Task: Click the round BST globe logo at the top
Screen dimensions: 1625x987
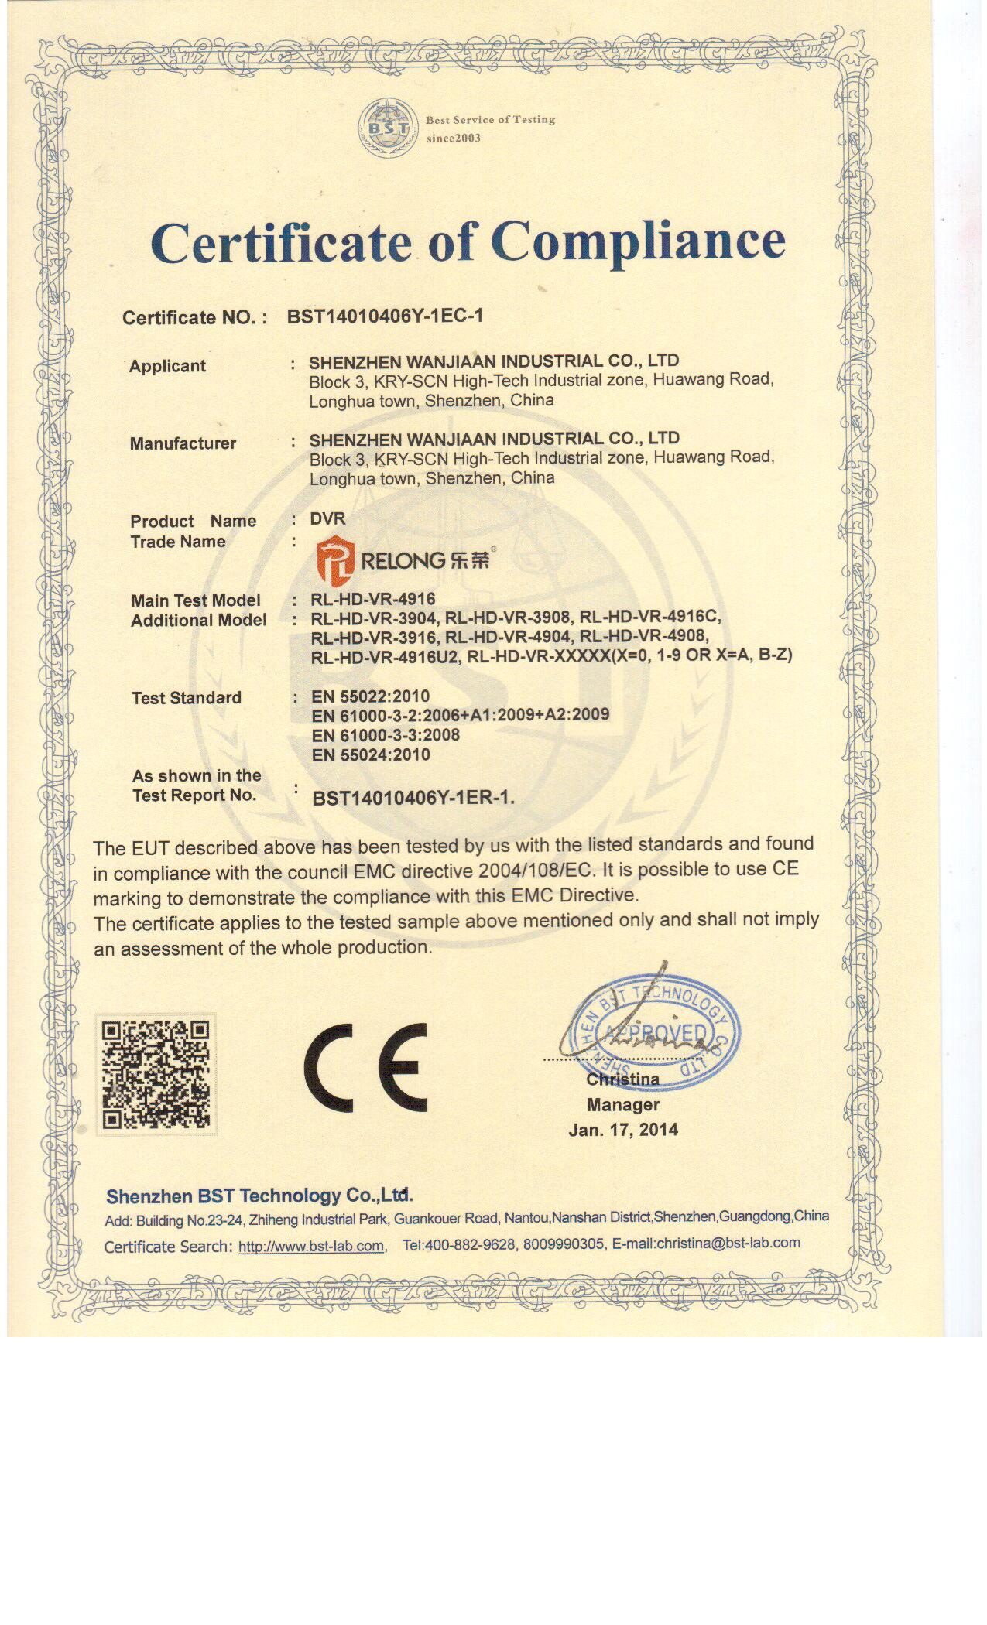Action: [x=386, y=128]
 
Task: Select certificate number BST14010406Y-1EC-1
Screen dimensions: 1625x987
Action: [x=385, y=316]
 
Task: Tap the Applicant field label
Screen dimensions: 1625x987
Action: [x=167, y=366]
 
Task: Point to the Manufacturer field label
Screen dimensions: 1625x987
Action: [x=183, y=443]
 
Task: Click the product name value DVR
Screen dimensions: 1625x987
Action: [x=327, y=518]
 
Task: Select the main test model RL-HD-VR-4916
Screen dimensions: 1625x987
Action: [x=373, y=599]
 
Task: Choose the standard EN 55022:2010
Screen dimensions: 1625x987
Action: [x=370, y=696]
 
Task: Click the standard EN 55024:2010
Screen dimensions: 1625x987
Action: [x=371, y=755]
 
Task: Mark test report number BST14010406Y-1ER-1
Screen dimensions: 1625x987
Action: [x=413, y=798]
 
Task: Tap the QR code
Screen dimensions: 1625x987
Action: [x=156, y=1074]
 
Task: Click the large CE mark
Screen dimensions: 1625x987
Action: [x=365, y=1067]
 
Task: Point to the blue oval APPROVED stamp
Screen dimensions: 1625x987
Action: [x=655, y=1034]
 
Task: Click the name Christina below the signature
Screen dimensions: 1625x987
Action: [x=622, y=1079]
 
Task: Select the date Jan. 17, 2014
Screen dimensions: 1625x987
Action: [x=623, y=1130]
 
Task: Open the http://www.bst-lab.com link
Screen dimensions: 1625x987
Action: [x=311, y=1246]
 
